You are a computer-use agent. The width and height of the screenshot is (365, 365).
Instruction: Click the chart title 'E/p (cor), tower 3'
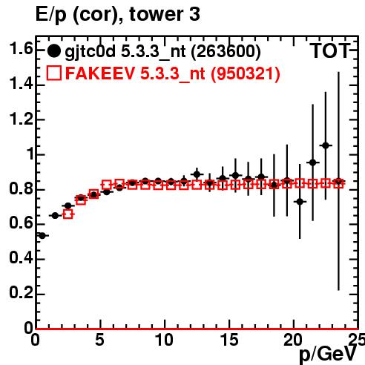(x=118, y=15)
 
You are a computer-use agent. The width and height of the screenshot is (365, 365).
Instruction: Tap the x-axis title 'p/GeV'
(x=328, y=355)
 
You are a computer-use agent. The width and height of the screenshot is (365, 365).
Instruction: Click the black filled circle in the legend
(x=53, y=51)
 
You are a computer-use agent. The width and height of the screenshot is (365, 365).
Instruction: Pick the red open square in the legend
(x=54, y=73)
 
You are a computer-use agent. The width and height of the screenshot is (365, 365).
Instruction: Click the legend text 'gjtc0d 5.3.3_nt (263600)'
(x=162, y=52)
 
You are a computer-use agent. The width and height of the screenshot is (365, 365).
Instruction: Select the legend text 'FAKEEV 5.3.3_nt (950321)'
(x=173, y=73)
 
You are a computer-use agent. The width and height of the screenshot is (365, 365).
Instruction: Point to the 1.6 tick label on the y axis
(x=21, y=49)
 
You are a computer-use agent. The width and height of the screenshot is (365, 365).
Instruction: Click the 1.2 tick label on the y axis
(x=21, y=119)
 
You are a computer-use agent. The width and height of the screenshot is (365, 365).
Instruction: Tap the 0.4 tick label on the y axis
(x=21, y=258)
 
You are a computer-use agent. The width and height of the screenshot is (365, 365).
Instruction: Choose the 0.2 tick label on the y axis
(x=21, y=293)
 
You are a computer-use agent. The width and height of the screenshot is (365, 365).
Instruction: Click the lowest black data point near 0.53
(x=42, y=236)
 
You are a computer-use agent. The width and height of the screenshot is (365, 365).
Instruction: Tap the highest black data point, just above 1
(x=326, y=145)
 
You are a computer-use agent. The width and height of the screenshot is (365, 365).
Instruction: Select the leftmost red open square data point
(x=68, y=214)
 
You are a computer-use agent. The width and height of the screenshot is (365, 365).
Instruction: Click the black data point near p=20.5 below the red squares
(x=300, y=202)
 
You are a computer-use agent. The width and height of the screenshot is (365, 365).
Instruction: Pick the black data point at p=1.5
(x=55, y=216)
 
